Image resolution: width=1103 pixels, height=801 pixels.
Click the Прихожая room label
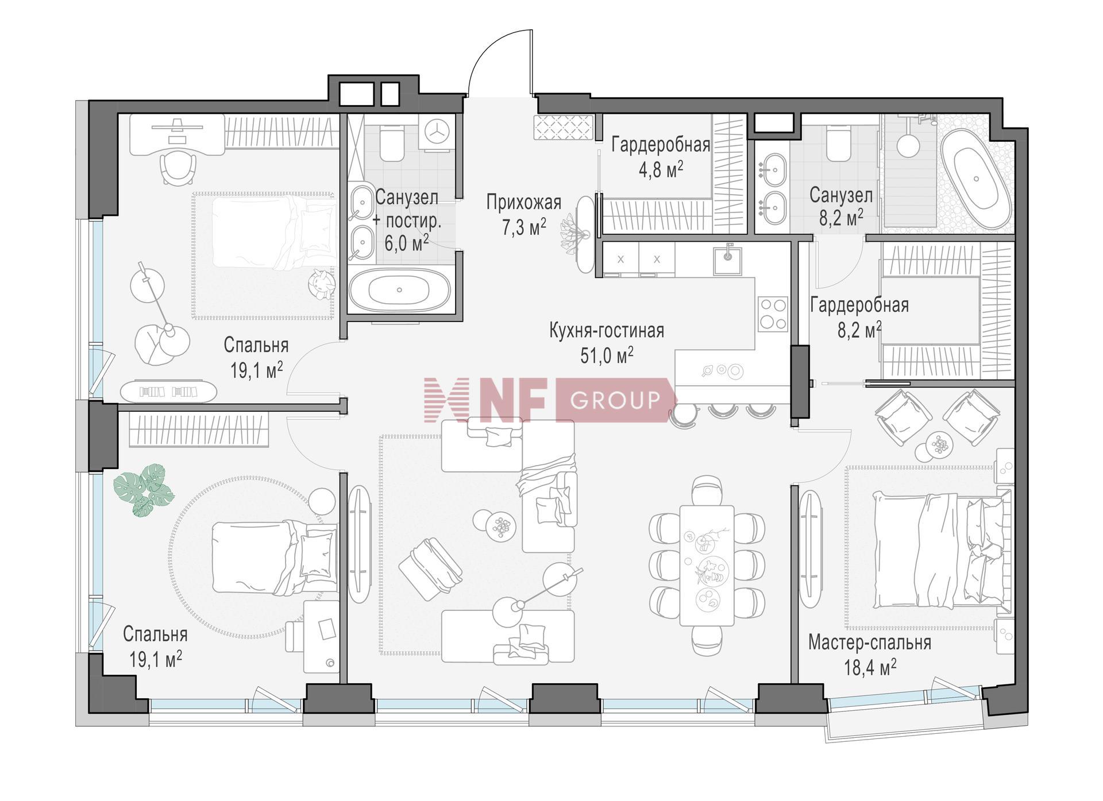point(523,203)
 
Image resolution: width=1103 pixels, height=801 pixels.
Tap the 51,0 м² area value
point(607,355)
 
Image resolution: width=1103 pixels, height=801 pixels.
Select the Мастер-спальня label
point(869,643)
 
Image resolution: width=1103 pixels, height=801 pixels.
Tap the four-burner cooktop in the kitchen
point(773,314)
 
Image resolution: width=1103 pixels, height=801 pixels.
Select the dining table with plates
point(707,565)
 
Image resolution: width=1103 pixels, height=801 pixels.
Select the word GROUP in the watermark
point(613,399)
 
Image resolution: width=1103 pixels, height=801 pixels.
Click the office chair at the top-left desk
point(178,167)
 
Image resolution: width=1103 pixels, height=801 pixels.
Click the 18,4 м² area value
point(870,668)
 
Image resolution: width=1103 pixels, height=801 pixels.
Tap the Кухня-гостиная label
point(607,331)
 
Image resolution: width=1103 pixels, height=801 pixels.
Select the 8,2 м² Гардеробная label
point(859,318)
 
